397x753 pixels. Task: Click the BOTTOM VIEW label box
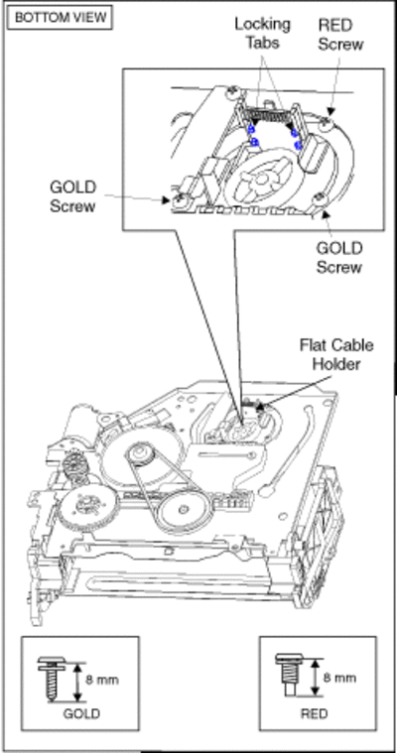click(61, 18)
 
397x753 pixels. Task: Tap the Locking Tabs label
click(262, 33)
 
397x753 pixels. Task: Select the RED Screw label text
click(340, 34)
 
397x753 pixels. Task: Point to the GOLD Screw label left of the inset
click(72, 196)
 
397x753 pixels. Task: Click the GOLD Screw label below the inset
click(338, 257)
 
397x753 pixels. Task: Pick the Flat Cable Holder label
click(336, 354)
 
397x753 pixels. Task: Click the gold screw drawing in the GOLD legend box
click(52, 678)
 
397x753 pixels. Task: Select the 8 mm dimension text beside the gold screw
click(102, 680)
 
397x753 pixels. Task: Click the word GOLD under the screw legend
click(81, 713)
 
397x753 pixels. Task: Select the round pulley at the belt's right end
click(184, 510)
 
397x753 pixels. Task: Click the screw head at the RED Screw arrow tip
click(327, 123)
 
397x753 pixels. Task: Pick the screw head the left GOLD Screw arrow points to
click(177, 199)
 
